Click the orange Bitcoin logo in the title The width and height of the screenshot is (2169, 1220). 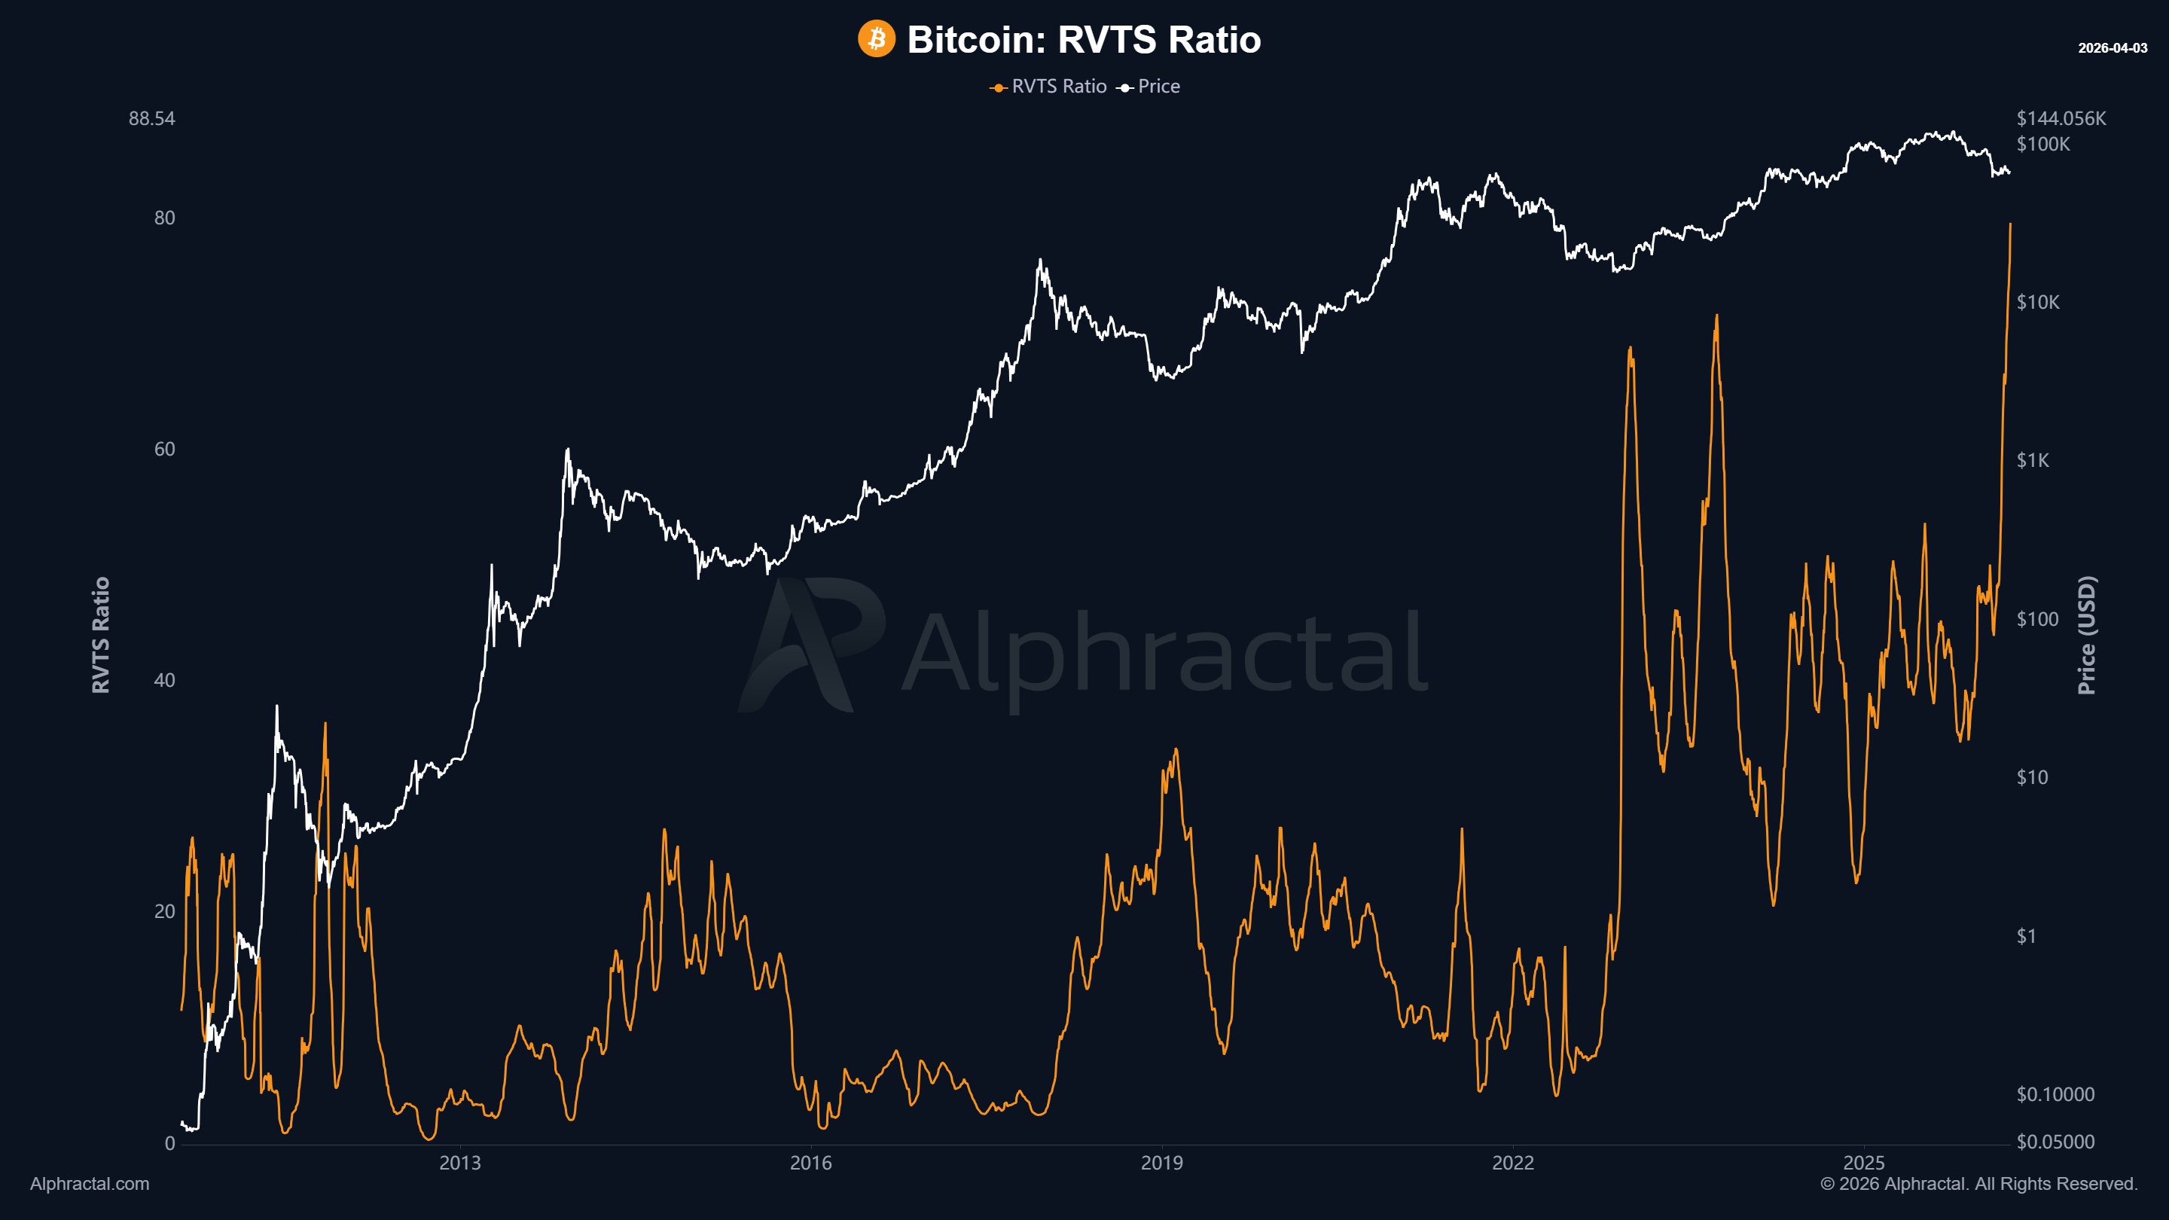coord(876,40)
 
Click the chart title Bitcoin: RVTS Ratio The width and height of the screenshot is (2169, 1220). coord(1084,40)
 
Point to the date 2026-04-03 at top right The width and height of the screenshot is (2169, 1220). coord(2112,48)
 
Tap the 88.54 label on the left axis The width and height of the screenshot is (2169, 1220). coord(151,119)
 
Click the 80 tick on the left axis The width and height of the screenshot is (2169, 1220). coord(164,218)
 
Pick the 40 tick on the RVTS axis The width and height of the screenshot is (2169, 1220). coord(164,680)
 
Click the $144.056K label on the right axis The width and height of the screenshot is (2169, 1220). coord(2061,119)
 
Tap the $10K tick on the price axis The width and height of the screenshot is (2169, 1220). coord(2038,302)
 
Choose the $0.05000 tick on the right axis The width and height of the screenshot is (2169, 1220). coord(2055,1142)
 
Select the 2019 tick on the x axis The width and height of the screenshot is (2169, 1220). coord(1161,1163)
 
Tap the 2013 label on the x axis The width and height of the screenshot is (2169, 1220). coord(459,1163)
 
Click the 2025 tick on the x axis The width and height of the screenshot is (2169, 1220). coord(1863,1163)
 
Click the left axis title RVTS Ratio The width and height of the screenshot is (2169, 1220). coord(101,635)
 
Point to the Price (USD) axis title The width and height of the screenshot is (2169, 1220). coord(2086,635)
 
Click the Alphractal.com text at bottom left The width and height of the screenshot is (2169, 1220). coord(90,1184)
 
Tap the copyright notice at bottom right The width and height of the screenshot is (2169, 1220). coord(1978,1184)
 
